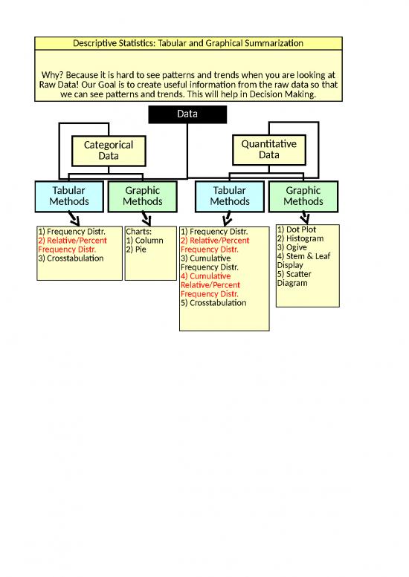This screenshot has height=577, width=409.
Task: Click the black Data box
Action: click(x=187, y=114)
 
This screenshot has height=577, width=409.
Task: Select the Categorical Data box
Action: click(x=109, y=151)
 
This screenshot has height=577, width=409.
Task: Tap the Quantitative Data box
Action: click(x=269, y=149)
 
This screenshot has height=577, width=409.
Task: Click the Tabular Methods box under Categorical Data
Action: click(x=69, y=196)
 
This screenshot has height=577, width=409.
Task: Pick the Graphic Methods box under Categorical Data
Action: click(x=143, y=196)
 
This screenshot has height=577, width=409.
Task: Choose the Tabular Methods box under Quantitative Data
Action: click(x=230, y=196)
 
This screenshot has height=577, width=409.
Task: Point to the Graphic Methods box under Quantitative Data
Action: click(x=303, y=196)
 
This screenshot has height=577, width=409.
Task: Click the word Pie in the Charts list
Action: click(x=141, y=250)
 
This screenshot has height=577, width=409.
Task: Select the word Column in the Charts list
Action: click(x=149, y=241)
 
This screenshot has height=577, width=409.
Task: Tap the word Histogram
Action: click(x=305, y=238)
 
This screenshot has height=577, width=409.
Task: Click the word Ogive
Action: click(x=296, y=247)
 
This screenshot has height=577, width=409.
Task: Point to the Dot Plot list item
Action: click(x=297, y=229)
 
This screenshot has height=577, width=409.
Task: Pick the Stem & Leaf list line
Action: click(x=303, y=256)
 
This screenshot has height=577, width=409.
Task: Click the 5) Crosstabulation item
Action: click(x=213, y=303)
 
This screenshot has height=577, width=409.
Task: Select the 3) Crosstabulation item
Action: click(x=71, y=258)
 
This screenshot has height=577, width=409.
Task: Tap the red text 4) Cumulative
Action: click(x=205, y=276)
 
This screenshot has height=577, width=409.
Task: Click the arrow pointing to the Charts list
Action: click(x=146, y=218)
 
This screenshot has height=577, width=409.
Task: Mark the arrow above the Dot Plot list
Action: click(x=304, y=217)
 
